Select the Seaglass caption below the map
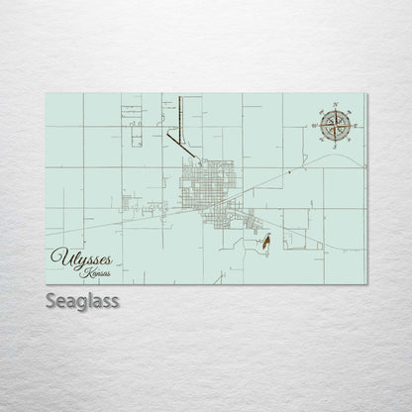(x=82, y=300)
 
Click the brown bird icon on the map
(x=268, y=240)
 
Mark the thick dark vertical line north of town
(x=180, y=114)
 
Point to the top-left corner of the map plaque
(x=47, y=93)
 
